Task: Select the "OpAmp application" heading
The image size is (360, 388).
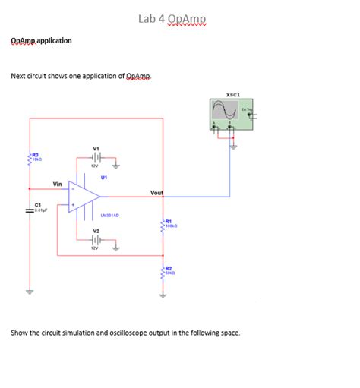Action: (x=42, y=40)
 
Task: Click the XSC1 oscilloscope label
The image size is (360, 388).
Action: (x=233, y=95)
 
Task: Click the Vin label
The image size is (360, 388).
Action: (x=58, y=184)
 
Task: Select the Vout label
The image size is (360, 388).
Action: (x=157, y=193)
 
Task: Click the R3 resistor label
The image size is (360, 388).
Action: (x=36, y=154)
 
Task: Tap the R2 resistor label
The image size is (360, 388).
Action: (x=169, y=269)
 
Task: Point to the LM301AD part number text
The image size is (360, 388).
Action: (x=107, y=215)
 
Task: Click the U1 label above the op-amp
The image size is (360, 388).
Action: (x=103, y=176)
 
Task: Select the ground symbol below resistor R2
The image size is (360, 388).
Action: (x=163, y=292)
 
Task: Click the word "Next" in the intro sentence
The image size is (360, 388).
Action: (x=18, y=77)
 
